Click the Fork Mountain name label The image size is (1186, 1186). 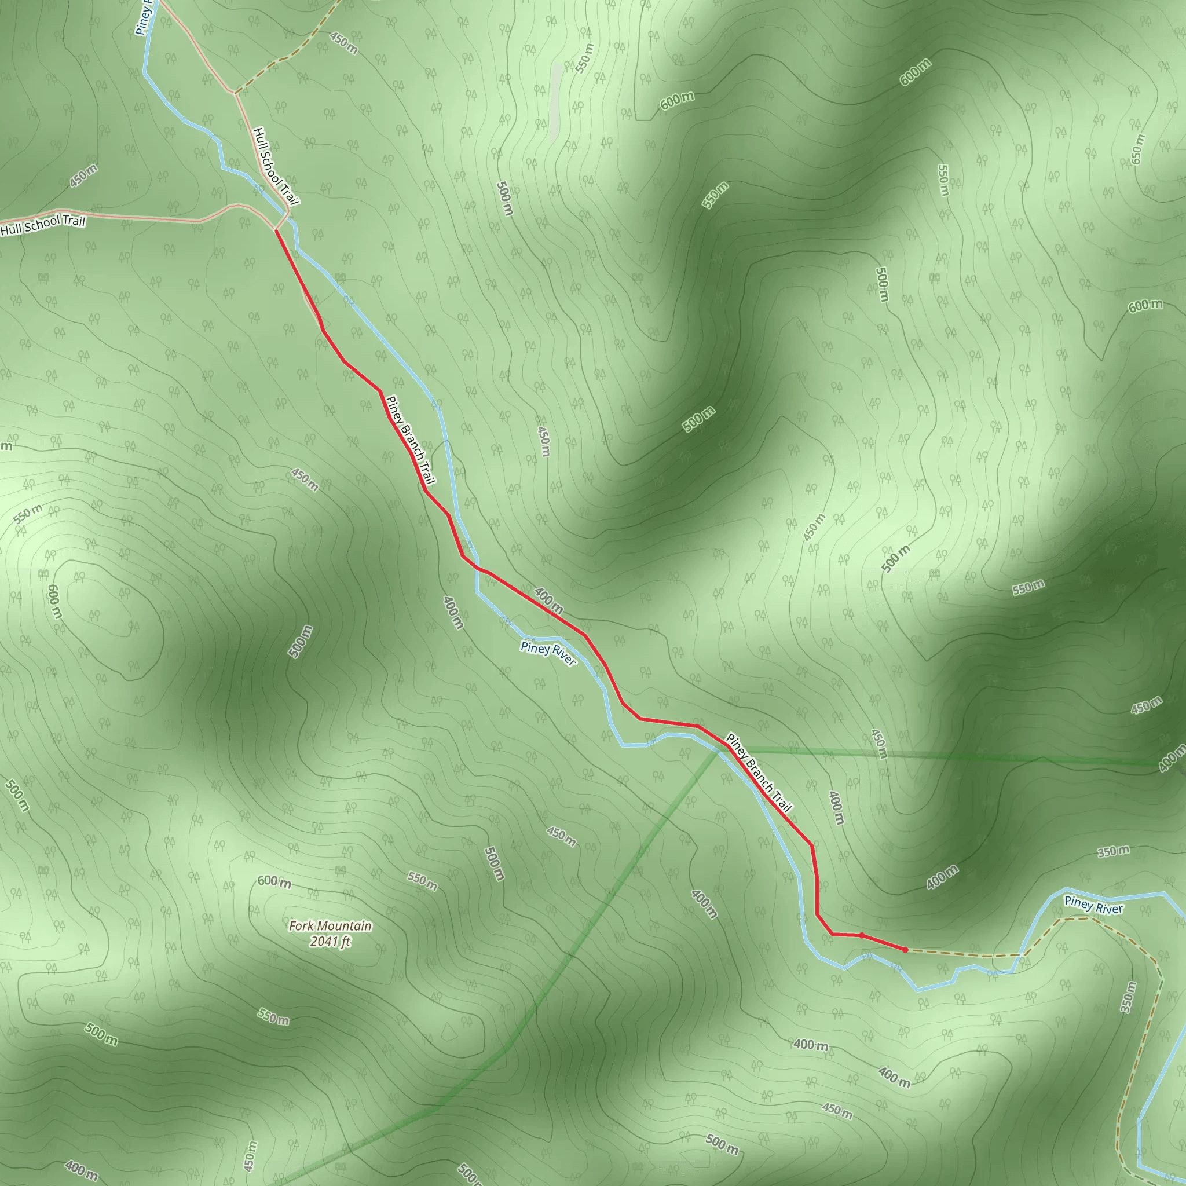pyautogui.click(x=330, y=926)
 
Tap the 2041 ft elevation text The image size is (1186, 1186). pyautogui.click(x=330, y=941)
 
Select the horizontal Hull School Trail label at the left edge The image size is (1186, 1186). pyautogui.click(x=43, y=225)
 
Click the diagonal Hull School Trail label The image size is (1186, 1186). pyautogui.click(x=276, y=166)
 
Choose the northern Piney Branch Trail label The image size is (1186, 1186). pyautogui.click(x=411, y=440)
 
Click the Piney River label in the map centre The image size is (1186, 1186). pyautogui.click(x=548, y=653)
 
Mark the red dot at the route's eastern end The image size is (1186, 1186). pyautogui.click(x=905, y=950)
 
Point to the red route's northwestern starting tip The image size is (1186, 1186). pyautogui.click(x=276, y=232)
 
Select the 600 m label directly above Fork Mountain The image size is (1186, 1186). pyautogui.click(x=274, y=882)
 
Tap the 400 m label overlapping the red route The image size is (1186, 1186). pyautogui.click(x=548, y=601)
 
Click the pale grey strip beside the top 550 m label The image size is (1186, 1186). pyautogui.click(x=555, y=101)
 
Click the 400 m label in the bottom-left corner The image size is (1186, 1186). pyautogui.click(x=81, y=1170)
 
